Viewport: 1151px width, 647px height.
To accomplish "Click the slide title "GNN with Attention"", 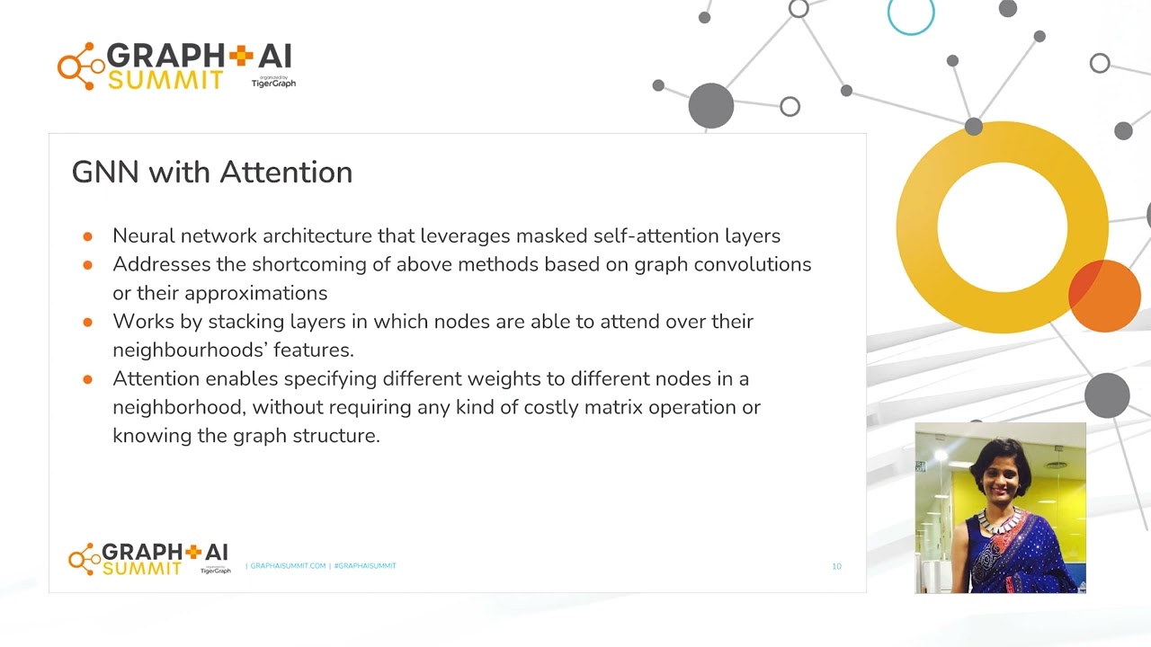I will pos(211,172).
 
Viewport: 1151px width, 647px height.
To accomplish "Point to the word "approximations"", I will pos(255,293).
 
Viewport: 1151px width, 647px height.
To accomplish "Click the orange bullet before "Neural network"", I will pos(87,236).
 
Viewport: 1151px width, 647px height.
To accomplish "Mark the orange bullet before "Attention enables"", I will pos(87,379).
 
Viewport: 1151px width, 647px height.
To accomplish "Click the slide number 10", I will pos(836,566).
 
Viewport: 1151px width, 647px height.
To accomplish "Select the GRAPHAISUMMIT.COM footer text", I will pos(288,566).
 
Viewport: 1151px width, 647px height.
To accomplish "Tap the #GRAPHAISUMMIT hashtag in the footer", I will pos(365,566).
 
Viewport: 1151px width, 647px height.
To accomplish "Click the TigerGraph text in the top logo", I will pos(273,84).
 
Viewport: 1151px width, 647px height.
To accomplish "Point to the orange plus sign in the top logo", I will pos(241,57).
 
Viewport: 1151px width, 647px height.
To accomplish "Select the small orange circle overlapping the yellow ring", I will pos(1105,296).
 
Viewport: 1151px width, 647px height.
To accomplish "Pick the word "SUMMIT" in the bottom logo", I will pos(142,569).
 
